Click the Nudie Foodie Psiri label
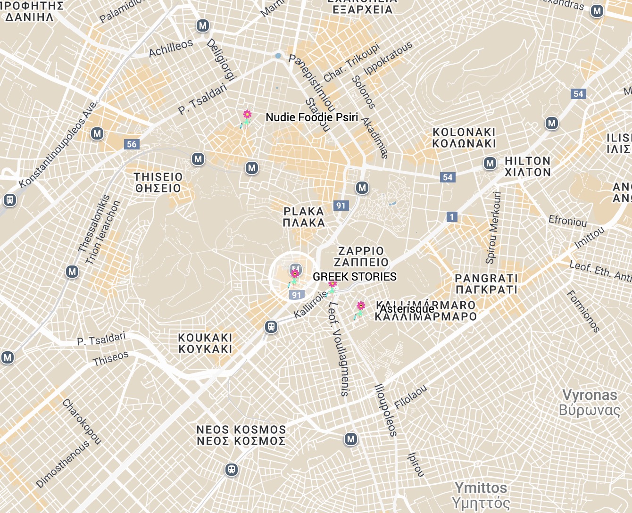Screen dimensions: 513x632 [312, 117]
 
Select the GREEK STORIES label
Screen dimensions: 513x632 [355, 277]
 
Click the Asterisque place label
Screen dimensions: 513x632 [407, 309]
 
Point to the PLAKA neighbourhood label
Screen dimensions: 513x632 [304, 217]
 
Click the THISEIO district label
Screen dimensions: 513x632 [158, 182]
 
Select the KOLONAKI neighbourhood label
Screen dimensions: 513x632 [464, 138]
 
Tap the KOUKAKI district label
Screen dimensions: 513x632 [205, 343]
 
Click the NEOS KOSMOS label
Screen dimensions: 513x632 [241, 435]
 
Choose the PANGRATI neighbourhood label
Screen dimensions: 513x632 [486, 284]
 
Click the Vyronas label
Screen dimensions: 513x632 [590, 402]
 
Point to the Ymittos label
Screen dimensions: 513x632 [481, 495]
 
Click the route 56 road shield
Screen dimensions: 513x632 [132, 144]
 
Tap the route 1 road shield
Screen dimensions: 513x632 [452, 217]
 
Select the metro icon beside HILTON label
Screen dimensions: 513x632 [490, 164]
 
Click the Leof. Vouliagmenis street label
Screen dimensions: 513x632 [339, 349]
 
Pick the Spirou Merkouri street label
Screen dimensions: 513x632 [493, 227]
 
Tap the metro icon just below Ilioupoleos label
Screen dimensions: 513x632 [350, 439]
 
